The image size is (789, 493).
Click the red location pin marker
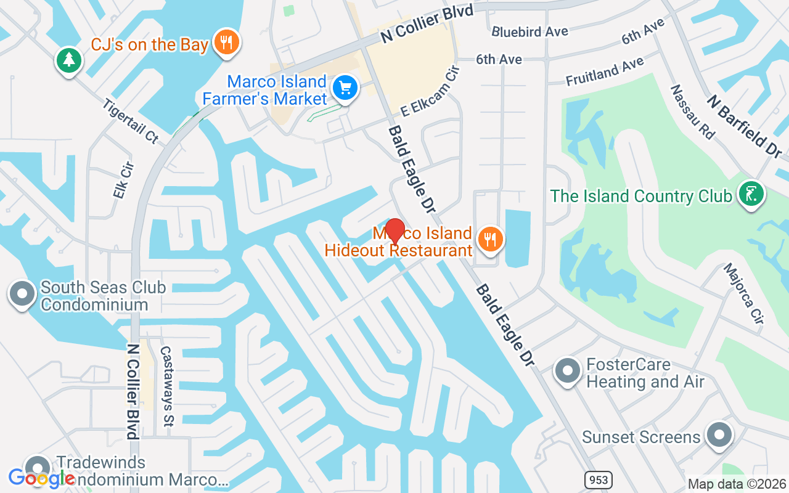click(x=394, y=231)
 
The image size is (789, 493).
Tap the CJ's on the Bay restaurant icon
click(x=227, y=42)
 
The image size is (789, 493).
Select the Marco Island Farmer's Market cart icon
click(x=345, y=88)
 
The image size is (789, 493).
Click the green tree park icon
click(x=69, y=60)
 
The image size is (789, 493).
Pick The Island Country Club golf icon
click(x=751, y=194)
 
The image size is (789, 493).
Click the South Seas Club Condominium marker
click(x=23, y=294)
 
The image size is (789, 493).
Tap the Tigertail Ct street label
click(x=131, y=121)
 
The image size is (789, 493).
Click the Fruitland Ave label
click(x=605, y=71)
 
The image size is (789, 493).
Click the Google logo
click(x=41, y=478)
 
